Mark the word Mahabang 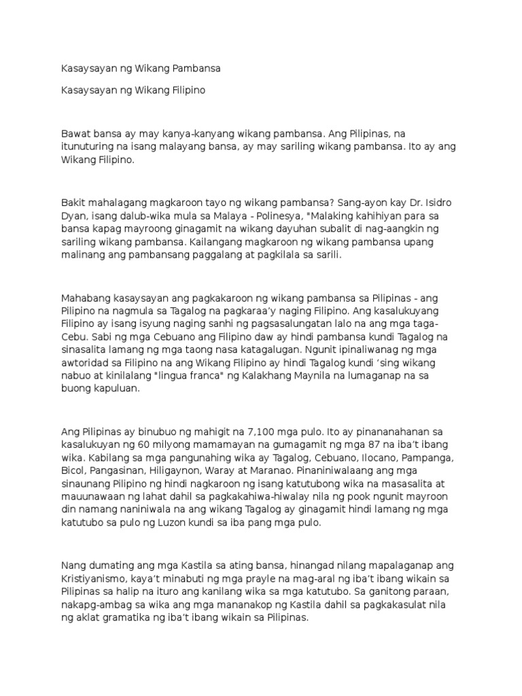(85, 298)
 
